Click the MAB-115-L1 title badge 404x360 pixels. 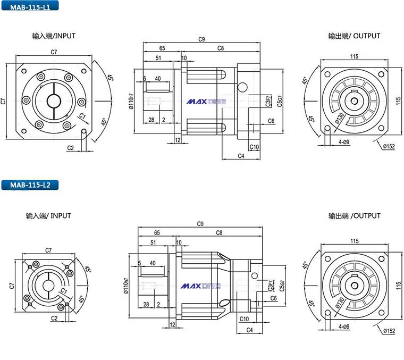(30, 6)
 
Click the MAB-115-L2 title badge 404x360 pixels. (30, 185)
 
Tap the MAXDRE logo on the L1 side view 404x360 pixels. (206, 102)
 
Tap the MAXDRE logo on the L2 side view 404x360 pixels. (200, 286)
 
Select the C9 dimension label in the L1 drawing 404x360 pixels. (201, 39)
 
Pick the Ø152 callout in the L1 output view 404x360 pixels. (389, 146)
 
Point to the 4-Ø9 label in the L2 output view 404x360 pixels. (344, 326)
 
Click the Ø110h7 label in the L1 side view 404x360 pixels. (131, 101)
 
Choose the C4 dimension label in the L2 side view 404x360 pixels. (249, 330)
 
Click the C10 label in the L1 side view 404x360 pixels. (254, 147)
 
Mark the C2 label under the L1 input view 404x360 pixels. (70, 148)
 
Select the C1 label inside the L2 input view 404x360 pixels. (64, 291)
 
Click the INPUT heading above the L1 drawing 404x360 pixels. (65, 36)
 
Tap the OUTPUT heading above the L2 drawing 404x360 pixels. (367, 216)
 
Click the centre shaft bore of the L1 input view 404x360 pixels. (54, 101)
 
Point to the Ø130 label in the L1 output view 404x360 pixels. (340, 118)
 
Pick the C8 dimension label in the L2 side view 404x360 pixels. (219, 233)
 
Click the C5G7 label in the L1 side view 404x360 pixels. (280, 101)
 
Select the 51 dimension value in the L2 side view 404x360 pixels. (153, 242)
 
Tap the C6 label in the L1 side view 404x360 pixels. (271, 121)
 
